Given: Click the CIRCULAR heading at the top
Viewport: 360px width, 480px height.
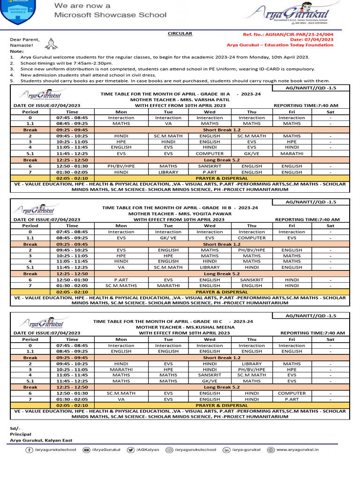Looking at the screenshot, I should coord(180,34).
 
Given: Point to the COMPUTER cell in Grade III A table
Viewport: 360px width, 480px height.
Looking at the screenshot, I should coord(210,153).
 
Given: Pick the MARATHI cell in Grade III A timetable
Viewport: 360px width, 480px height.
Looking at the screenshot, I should coord(292,153).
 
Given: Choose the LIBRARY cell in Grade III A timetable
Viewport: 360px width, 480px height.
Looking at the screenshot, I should coord(168,172).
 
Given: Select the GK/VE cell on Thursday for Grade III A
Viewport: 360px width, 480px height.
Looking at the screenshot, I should coord(252,153).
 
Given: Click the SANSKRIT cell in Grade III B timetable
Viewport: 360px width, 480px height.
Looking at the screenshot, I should coord(252,279).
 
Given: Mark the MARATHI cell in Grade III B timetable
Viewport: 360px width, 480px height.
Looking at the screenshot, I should coord(168,285).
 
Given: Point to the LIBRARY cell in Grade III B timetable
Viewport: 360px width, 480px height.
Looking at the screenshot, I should coord(210,267).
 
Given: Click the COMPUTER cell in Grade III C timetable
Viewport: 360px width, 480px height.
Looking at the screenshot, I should coord(292,393).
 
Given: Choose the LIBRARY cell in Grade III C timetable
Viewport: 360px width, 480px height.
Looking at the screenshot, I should coord(252,363).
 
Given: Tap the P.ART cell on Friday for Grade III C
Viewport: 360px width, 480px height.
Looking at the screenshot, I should coord(292,399).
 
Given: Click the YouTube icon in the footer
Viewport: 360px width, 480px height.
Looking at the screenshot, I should coord(87,450).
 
